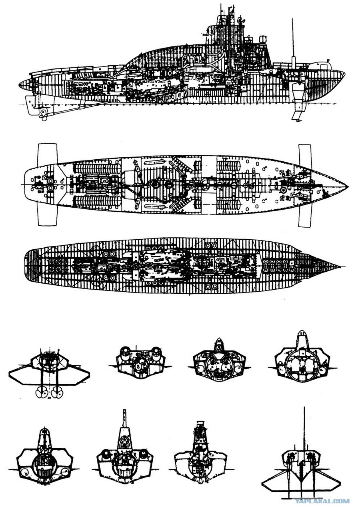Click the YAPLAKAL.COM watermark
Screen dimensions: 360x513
coord(322,507)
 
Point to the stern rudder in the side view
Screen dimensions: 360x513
coord(31,105)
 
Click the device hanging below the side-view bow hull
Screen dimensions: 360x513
coord(299,101)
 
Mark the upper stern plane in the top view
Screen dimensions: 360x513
coord(47,154)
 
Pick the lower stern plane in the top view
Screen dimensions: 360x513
coord(47,215)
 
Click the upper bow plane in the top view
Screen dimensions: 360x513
coord(305,156)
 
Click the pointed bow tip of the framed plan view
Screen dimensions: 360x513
coord(343,267)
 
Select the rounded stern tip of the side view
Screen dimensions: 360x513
coord(19,84)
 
